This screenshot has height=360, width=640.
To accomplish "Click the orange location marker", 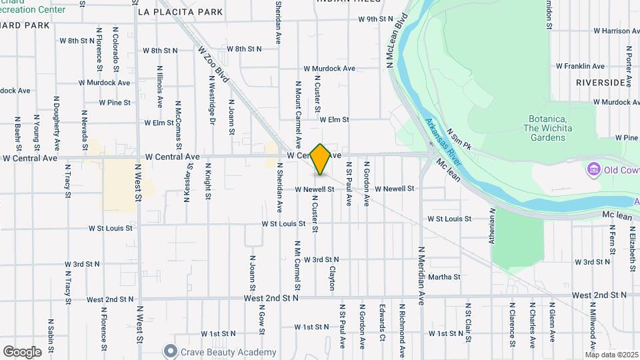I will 321,159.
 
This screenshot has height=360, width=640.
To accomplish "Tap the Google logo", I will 22,351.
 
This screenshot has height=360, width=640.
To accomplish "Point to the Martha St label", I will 444,277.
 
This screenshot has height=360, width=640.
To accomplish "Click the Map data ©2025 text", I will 611,355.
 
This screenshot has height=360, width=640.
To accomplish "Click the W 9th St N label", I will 376,19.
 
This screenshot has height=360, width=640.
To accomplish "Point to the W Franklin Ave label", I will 583,66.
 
